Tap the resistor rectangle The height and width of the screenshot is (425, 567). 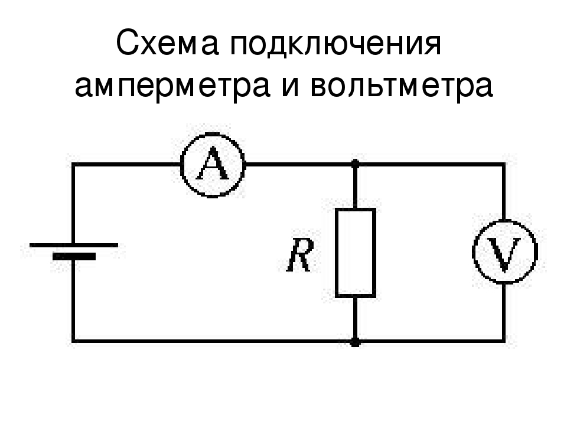(336, 253)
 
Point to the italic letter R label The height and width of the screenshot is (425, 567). (299, 255)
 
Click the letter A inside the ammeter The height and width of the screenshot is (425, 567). (213, 164)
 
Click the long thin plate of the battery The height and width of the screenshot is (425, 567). (74, 245)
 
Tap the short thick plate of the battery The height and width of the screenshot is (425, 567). (74, 257)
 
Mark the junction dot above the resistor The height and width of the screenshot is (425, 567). (356, 164)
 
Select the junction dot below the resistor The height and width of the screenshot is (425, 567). (356, 342)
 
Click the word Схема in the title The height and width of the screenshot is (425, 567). (167, 44)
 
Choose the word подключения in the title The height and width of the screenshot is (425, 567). (336, 45)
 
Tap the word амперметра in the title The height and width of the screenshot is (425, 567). (172, 87)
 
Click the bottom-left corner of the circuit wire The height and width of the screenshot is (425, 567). (73, 341)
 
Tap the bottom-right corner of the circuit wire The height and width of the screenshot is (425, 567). (503, 341)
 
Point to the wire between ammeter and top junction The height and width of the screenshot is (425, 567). (299, 165)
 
